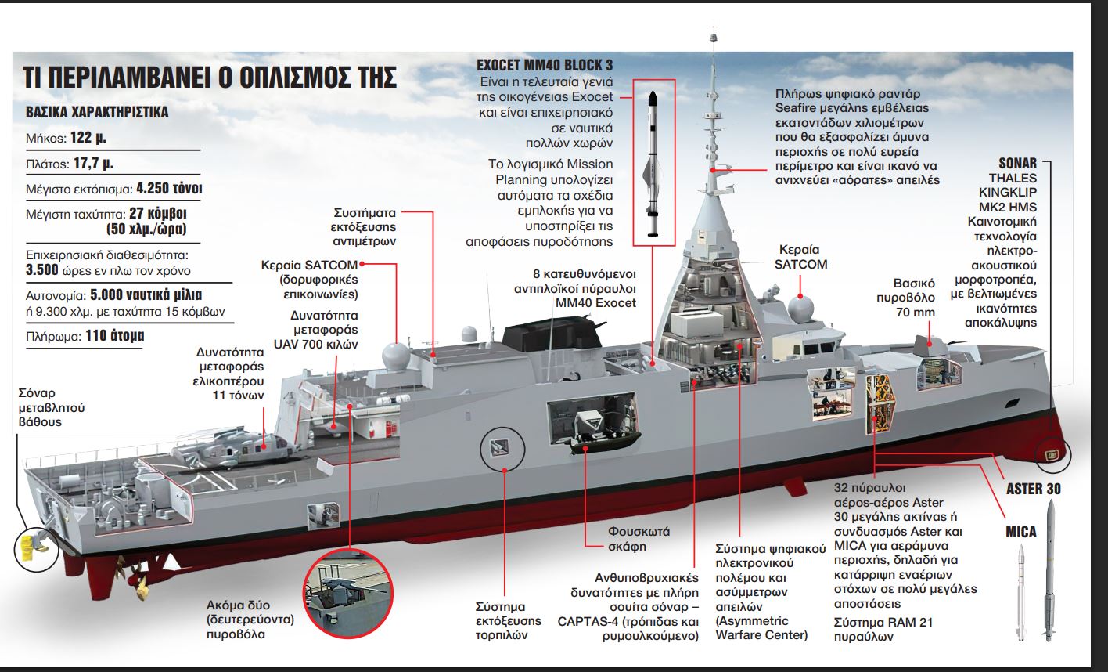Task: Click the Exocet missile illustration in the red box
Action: coord(653,164)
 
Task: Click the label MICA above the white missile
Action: coord(1021,533)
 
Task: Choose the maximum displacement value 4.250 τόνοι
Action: coord(171,189)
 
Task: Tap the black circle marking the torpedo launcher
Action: coord(498,448)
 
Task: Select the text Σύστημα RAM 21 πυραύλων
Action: coord(883,630)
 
